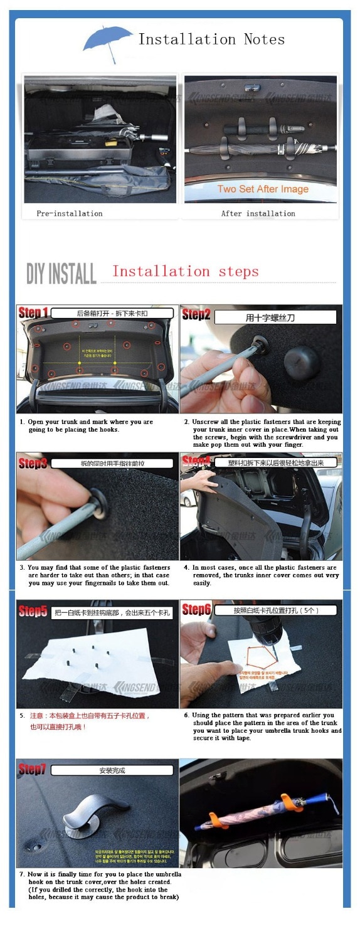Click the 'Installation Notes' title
211,40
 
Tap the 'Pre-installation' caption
69,213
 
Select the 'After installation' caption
258,213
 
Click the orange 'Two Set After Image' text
263,189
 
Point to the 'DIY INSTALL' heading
61,274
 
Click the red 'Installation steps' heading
185,272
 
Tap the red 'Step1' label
33,312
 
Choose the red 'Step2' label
196,314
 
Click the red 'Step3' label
33,464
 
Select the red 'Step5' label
33,611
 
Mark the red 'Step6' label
196,609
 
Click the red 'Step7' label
33,769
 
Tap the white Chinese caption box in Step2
275,317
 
